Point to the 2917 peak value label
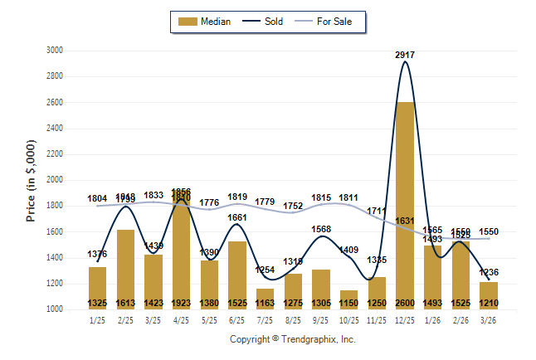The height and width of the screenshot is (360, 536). coord(406,55)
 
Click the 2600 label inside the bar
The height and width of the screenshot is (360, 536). coord(406,303)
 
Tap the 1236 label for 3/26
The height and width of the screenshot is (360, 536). coord(490,272)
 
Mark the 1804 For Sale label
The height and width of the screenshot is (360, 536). coord(98,198)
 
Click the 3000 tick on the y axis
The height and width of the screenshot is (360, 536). coord(55,51)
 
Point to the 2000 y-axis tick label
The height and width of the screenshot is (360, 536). coord(55,180)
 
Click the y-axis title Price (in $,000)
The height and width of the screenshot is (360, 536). coord(31,180)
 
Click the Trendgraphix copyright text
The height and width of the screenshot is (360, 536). coord(292,339)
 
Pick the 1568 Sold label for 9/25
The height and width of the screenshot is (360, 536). coord(322,230)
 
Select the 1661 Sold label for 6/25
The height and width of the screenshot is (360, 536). coord(238,218)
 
